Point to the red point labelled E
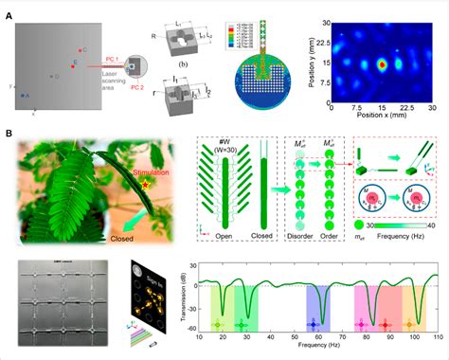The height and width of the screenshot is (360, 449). click(71, 63)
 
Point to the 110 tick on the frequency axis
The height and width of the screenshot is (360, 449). click(437, 338)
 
